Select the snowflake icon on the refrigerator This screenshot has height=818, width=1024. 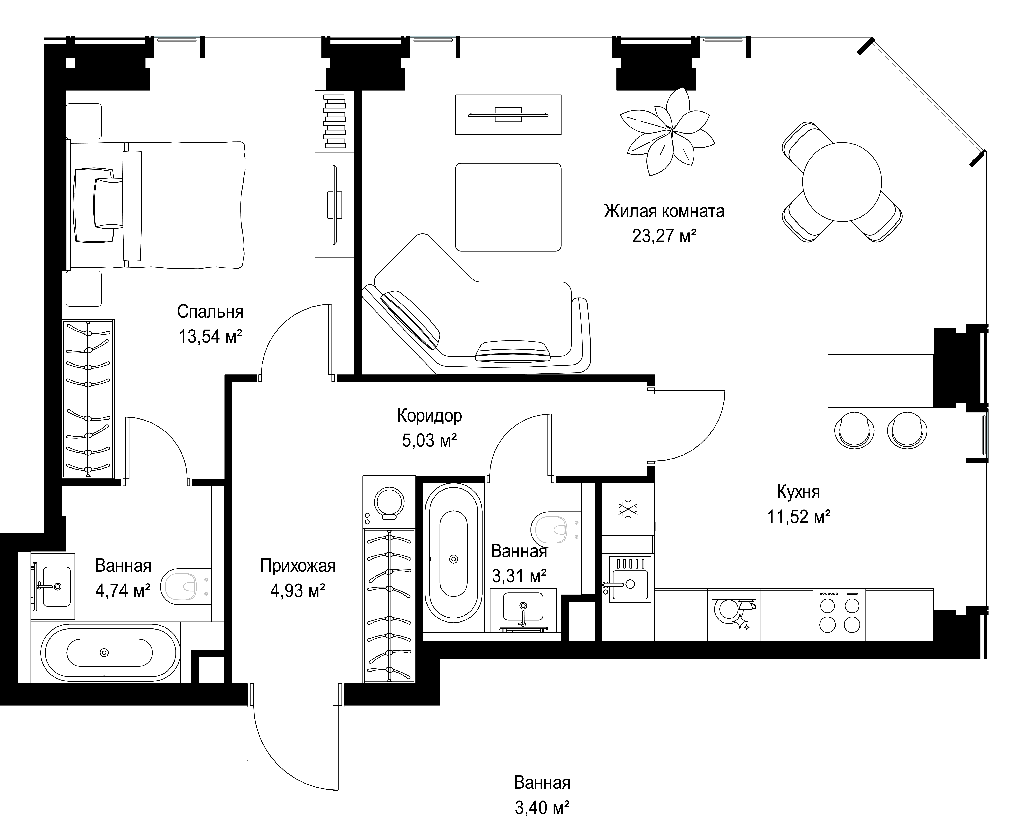click(x=628, y=509)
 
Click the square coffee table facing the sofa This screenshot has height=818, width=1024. click(x=508, y=207)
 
